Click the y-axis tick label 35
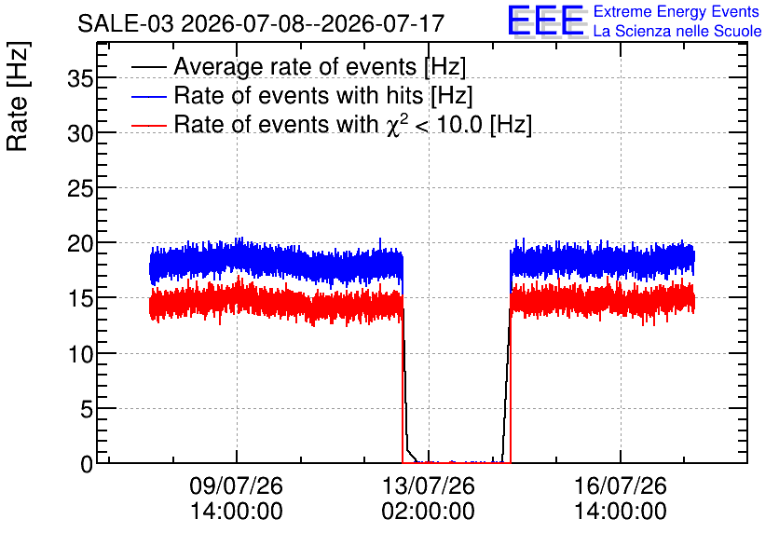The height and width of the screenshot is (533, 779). (x=80, y=78)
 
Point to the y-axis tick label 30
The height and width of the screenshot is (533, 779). (x=80, y=133)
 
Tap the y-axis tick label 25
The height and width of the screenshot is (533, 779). (x=80, y=188)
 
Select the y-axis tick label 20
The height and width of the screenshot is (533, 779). (x=80, y=243)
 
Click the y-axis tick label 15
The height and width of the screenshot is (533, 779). (x=80, y=298)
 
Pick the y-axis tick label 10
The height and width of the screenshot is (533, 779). (x=80, y=354)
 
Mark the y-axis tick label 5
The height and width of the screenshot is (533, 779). (x=87, y=409)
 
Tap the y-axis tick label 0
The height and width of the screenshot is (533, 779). (x=87, y=464)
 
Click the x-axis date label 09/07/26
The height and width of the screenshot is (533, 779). (x=236, y=485)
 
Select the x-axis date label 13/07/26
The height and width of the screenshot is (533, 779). (x=429, y=485)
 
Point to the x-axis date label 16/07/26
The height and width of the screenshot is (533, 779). (x=621, y=485)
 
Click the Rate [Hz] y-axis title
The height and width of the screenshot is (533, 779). (x=18, y=96)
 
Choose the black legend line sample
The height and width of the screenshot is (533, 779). (x=149, y=66)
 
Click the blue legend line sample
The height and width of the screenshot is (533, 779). (x=149, y=95)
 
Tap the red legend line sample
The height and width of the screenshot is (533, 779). (x=149, y=124)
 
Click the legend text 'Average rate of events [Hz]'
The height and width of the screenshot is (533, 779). (x=320, y=67)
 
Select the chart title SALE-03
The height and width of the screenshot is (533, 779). (x=126, y=23)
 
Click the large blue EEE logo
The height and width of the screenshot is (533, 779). (x=546, y=20)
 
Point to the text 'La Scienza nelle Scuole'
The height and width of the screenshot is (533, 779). (x=677, y=32)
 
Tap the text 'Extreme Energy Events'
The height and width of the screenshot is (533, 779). (x=676, y=11)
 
